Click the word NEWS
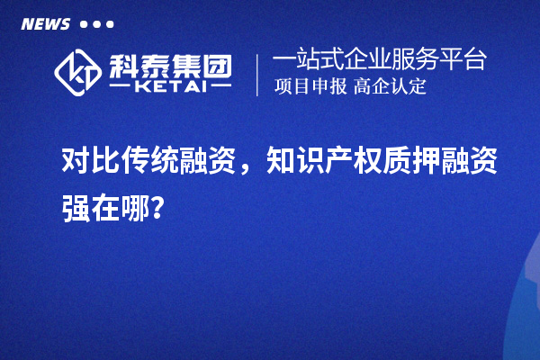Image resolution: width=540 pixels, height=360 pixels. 45,23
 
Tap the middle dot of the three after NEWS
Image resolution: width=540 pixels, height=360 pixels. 97,24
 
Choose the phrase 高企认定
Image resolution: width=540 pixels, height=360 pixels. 390,87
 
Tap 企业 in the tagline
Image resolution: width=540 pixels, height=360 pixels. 371,60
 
